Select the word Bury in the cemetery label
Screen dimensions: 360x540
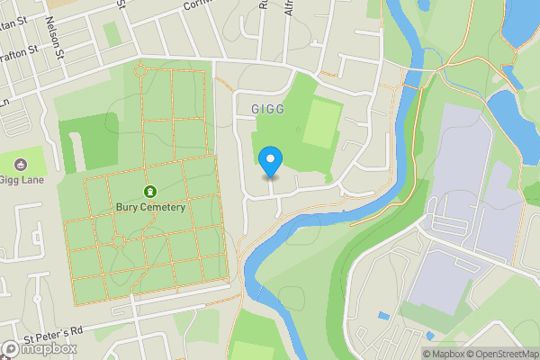(127, 208)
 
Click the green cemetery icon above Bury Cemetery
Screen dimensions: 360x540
(148, 192)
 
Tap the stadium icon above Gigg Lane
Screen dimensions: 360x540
(21, 166)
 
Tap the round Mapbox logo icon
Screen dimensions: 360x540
(11, 349)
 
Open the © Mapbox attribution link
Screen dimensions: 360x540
(446, 354)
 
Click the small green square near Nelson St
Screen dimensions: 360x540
(112, 33)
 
